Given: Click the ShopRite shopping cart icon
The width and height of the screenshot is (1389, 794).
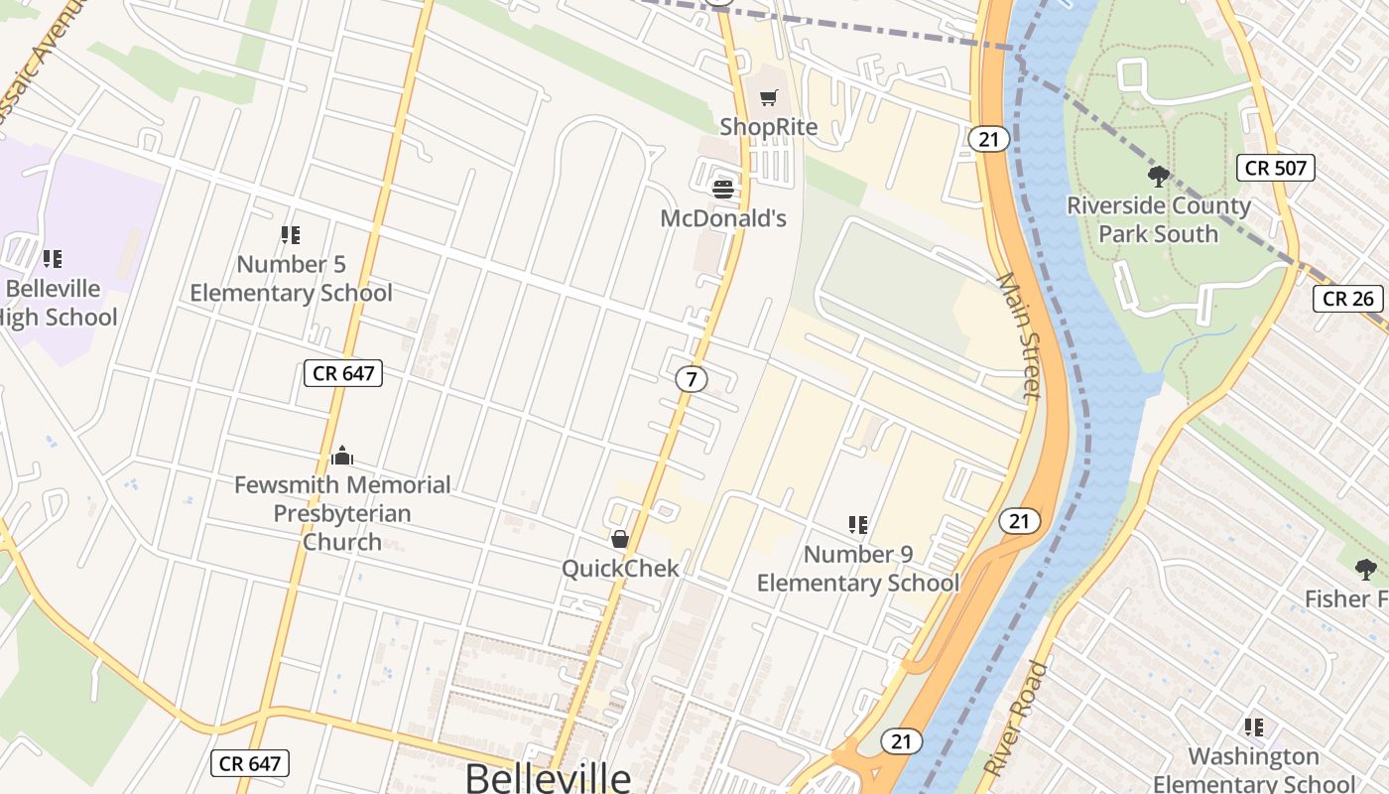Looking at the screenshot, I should pyautogui.click(x=769, y=97).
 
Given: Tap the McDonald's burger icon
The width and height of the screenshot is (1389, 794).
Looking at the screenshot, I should pyautogui.click(x=723, y=188).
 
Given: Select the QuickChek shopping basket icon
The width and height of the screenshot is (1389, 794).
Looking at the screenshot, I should pyautogui.click(x=620, y=539).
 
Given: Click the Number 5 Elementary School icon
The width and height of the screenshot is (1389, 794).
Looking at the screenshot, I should pyautogui.click(x=291, y=235).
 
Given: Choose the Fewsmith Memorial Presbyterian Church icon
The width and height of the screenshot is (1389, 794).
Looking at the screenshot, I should pyautogui.click(x=342, y=456).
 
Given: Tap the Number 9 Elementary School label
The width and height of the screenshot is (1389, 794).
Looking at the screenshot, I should pyautogui.click(x=858, y=569).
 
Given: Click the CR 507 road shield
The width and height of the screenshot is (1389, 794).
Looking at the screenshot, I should pyautogui.click(x=1276, y=168).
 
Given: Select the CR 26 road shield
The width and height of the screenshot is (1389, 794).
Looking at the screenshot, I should pyautogui.click(x=1348, y=298).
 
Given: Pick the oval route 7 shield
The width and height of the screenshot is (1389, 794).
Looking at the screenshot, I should pyautogui.click(x=692, y=378).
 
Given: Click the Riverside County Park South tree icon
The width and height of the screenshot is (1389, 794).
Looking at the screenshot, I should pyautogui.click(x=1157, y=178).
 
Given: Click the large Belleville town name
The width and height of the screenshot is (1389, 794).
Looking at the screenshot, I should pyautogui.click(x=548, y=777).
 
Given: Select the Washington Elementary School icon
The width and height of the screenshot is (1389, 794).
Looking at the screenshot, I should pyautogui.click(x=1254, y=728).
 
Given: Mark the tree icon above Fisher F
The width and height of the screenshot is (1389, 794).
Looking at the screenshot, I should pyautogui.click(x=1365, y=570).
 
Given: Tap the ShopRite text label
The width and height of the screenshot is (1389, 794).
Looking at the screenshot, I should pyautogui.click(x=769, y=127).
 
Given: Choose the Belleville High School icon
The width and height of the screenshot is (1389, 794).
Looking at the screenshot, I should pyautogui.click(x=53, y=259).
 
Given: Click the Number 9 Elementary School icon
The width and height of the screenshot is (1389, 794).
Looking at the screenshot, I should pyautogui.click(x=858, y=525).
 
